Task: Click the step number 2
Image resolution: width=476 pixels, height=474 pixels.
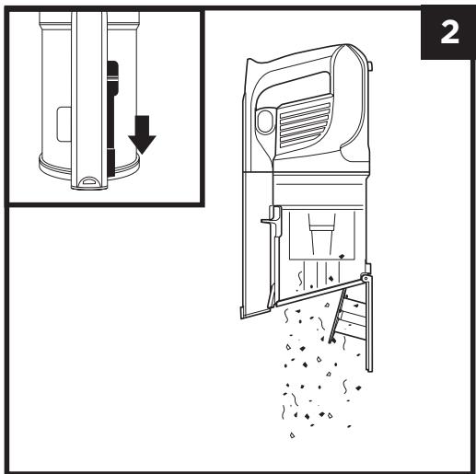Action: [449, 32]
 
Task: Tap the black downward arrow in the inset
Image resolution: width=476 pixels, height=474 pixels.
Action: [142, 134]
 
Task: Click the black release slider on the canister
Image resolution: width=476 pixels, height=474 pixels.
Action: [112, 117]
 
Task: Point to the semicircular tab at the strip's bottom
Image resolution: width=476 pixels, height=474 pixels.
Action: [89, 181]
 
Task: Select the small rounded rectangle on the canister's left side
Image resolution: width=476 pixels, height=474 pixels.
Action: [64, 124]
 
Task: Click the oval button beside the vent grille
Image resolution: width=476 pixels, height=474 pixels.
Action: [265, 121]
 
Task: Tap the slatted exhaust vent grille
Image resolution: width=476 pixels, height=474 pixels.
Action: [306, 123]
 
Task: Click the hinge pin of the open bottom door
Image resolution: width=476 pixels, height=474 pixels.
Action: [366, 278]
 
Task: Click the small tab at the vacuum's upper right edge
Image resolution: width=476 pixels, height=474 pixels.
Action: [370, 66]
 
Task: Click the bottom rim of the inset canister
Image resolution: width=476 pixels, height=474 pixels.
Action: [89, 168]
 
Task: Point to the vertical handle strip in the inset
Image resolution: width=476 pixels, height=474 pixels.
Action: [89, 100]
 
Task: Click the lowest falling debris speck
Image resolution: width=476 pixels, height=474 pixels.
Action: [292, 435]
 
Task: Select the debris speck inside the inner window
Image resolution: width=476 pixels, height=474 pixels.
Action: [342, 256]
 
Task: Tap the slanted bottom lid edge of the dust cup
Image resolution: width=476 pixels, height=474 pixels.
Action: [319, 292]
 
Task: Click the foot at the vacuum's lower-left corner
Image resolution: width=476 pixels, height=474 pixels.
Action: [255, 313]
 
